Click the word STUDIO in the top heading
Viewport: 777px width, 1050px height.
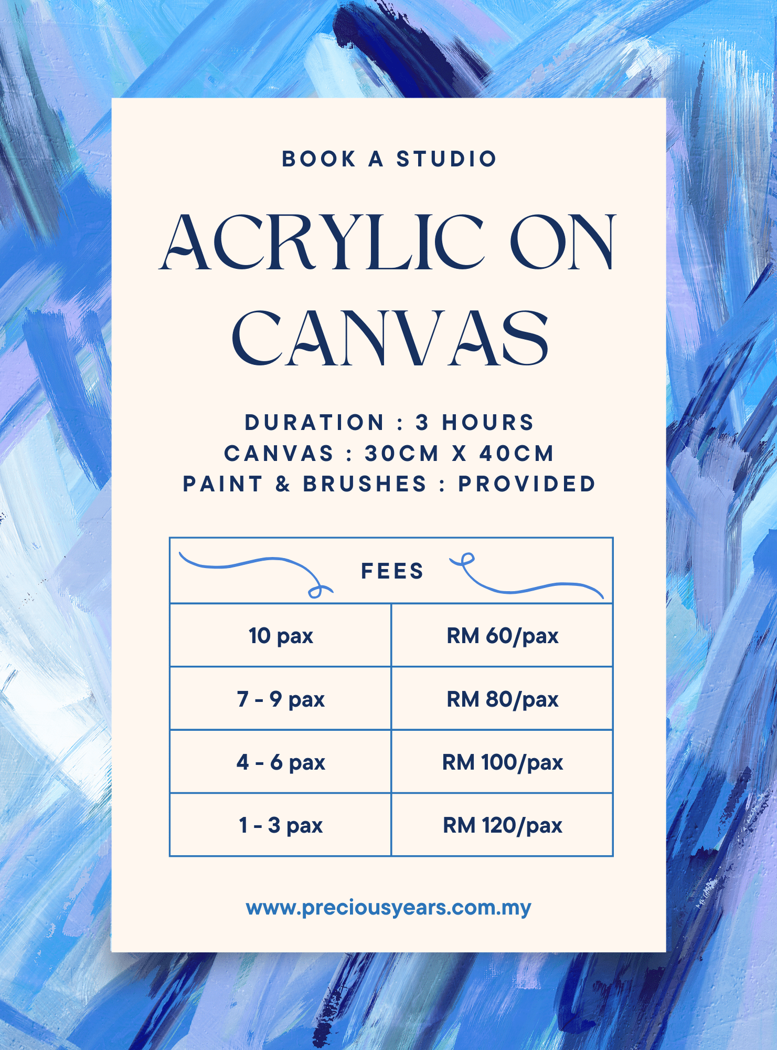(x=446, y=159)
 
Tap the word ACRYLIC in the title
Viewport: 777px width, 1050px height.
(x=321, y=242)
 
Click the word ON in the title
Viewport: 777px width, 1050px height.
(x=562, y=242)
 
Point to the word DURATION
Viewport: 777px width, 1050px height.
(x=315, y=423)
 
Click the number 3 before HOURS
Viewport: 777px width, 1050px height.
(x=422, y=423)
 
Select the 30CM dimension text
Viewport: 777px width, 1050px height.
(x=402, y=454)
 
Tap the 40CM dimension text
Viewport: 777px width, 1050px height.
(x=517, y=454)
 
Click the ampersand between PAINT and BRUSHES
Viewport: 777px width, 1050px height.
(x=283, y=484)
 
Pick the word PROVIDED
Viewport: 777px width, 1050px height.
(x=527, y=484)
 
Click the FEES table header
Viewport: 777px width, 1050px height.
(x=392, y=571)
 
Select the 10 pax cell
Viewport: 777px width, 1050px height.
(x=281, y=636)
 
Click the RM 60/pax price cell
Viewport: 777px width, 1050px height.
(x=503, y=636)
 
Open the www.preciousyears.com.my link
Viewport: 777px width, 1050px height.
(x=389, y=908)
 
